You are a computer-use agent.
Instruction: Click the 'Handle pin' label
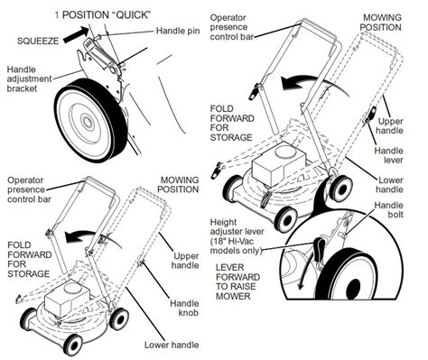coord(178,31)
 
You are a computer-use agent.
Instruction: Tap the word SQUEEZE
coord(38,41)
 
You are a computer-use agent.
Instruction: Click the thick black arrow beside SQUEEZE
coord(77,35)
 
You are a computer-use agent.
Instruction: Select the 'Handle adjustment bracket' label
coord(29,78)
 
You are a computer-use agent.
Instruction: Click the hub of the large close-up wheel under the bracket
coord(88,121)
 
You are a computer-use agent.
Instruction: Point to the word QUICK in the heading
coord(133,15)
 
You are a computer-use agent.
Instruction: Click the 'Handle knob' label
coord(184,308)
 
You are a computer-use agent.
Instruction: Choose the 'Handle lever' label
coord(388,155)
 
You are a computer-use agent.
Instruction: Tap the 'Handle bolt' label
coord(388,209)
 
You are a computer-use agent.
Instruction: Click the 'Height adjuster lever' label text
coord(237,236)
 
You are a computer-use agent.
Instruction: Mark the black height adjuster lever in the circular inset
coord(318,249)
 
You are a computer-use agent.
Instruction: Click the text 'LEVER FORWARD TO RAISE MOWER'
coord(237,282)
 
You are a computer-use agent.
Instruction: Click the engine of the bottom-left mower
coord(67,299)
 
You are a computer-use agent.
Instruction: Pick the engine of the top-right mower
coord(279,164)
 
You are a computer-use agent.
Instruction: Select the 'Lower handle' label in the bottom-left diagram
coord(172,345)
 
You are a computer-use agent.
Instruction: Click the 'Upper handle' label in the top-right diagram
coord(390,126)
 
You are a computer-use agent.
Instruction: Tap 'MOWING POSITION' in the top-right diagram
coord(381,23)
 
